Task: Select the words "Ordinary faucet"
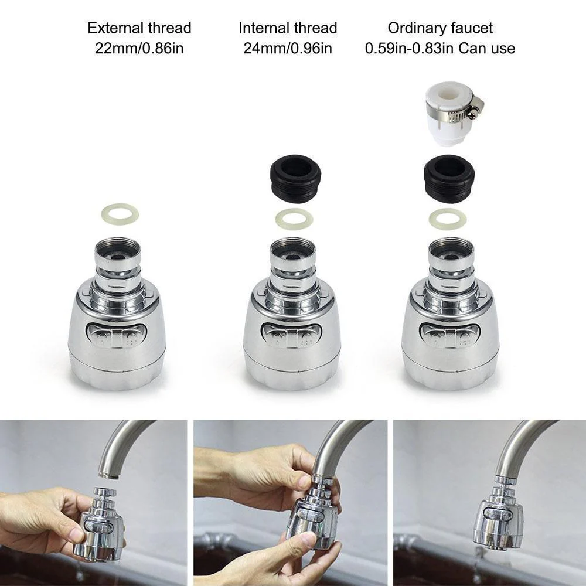440,28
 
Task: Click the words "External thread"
139,28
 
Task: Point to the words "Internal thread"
287,28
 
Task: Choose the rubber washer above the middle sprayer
294,219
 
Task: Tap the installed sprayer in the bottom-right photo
498,516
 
